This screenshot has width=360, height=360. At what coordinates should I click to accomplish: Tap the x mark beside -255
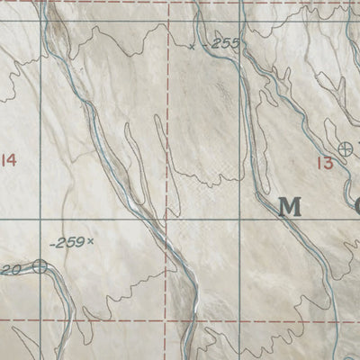(x=192, y=46)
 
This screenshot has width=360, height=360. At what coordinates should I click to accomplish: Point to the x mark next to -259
(x=91, y=241)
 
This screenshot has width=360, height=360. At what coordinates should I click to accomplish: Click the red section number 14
(x=9, y=160)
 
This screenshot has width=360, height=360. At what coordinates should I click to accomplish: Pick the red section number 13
(x=325, y=162)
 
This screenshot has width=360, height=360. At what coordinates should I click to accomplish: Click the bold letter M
(x=290, y=207)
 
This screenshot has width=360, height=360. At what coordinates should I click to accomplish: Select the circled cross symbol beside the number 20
(x=40, y=265)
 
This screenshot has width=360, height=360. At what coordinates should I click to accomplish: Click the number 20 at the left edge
(x=11, y=268)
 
